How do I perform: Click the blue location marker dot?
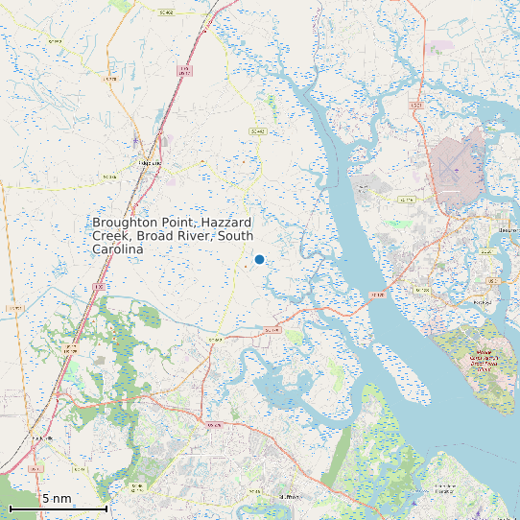pyautogui.click(x=259, y=259)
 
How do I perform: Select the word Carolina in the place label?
pyautogui.click(x=117, y=249)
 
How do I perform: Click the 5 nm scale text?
pyautogui.click(x=57, y=499)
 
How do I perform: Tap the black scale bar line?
pyautogui.click(x=58, y=508)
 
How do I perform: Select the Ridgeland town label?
pyautogui.click(x=150, y=163)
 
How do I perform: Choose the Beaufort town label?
pyautogui.click(x=508, y=230)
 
